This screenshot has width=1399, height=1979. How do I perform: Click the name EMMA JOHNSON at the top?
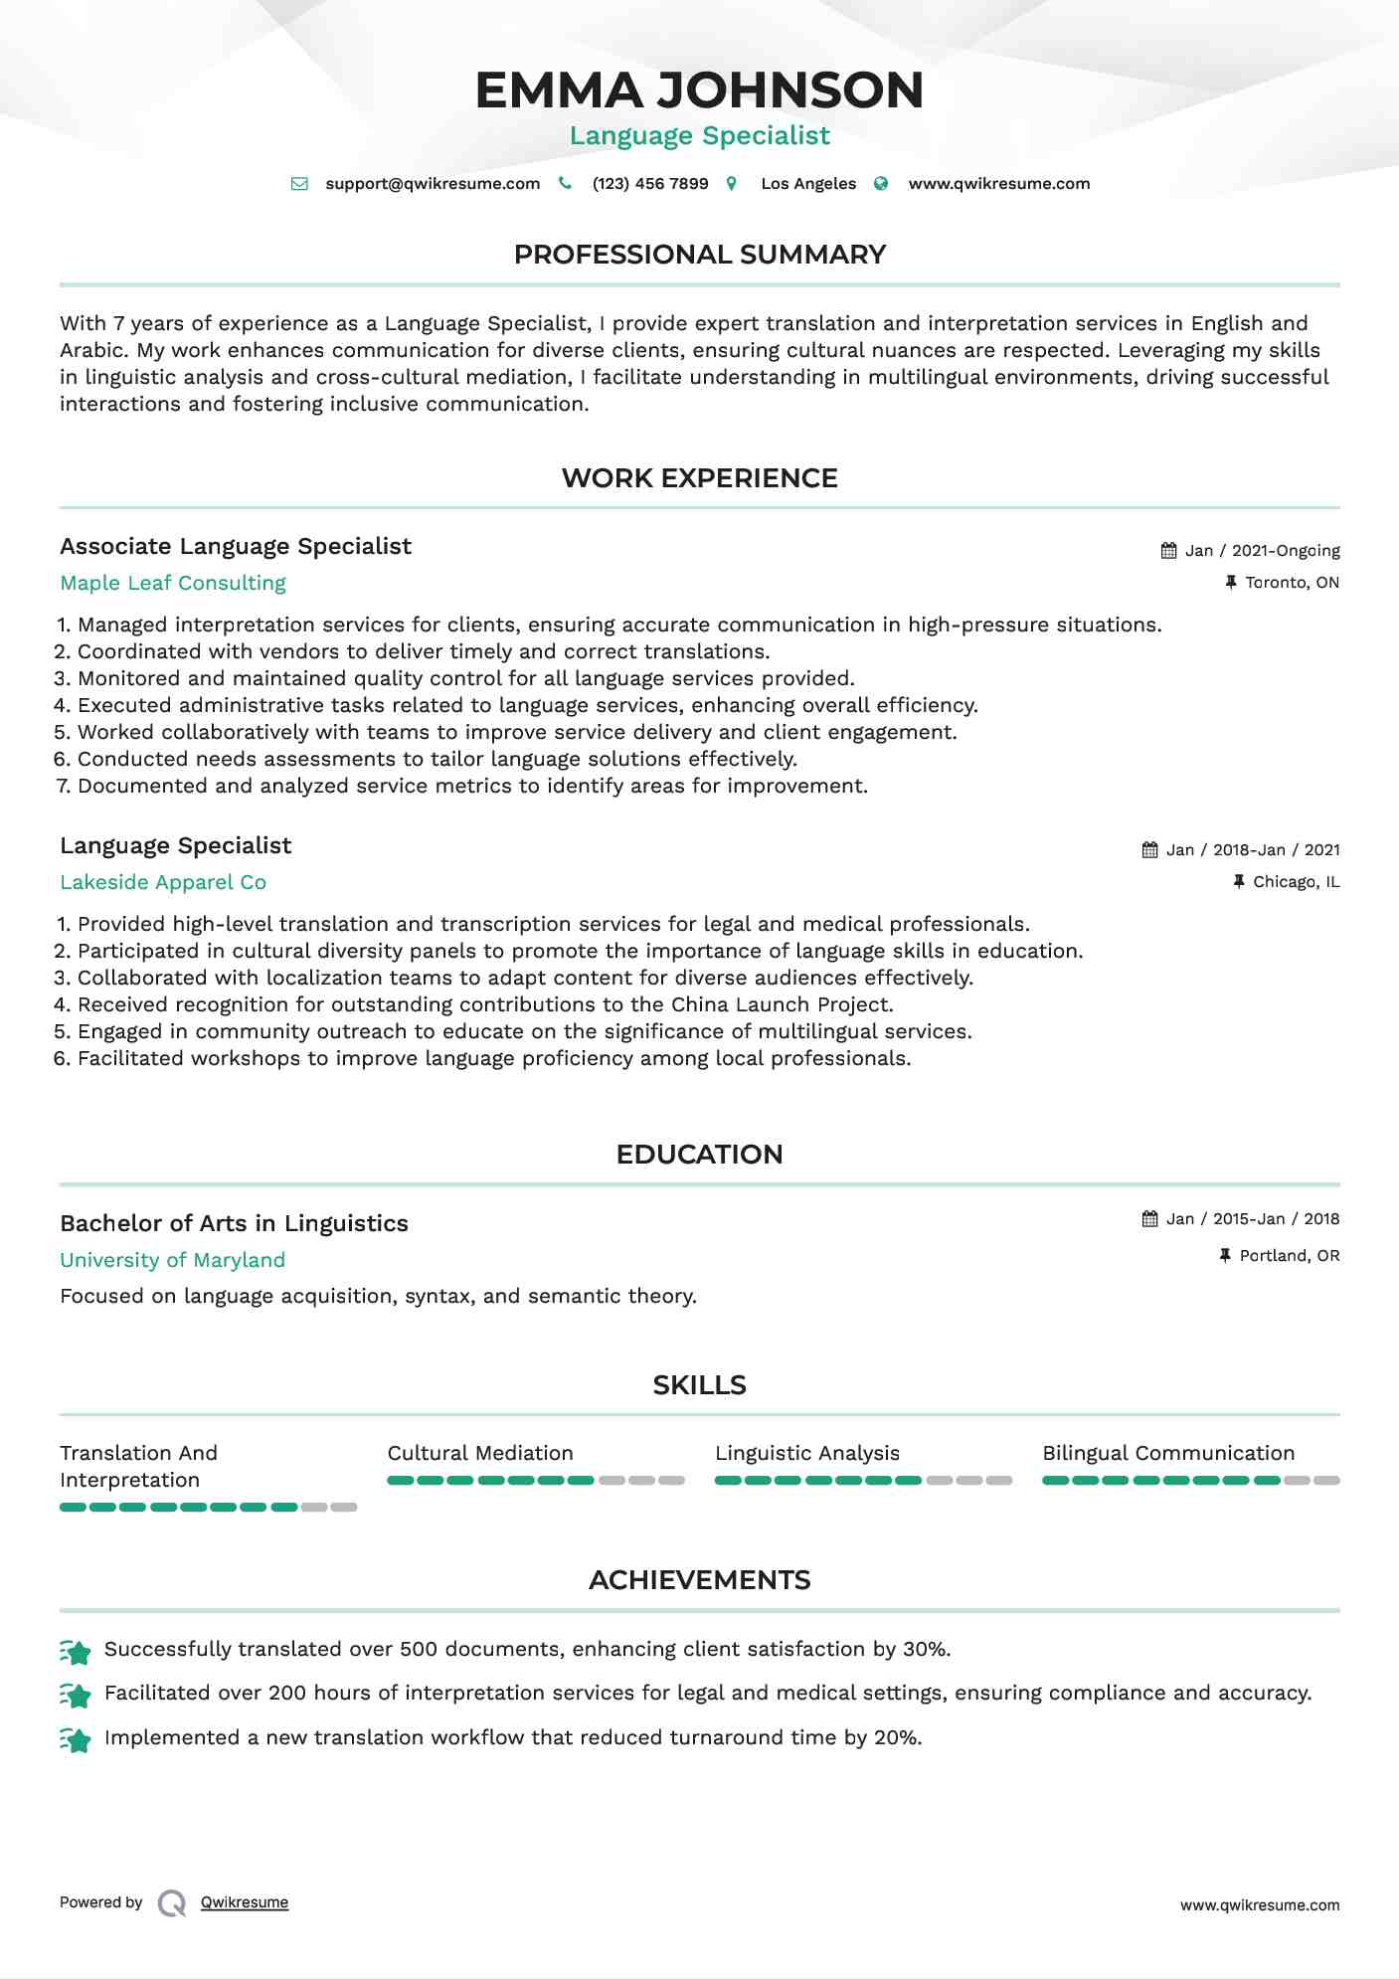(x=699, y=90)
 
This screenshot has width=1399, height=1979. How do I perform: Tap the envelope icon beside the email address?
(x=299, y=184)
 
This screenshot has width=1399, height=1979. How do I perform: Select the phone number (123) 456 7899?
(x=649, y=184)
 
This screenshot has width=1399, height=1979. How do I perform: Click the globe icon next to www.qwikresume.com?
(x=881, y=184)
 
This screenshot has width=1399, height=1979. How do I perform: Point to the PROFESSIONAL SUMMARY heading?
(x=699, y=255)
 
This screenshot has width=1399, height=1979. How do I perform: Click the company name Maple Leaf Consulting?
(x=173, y=584)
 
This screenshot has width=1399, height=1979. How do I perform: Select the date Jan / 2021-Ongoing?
(x=1262, y=551)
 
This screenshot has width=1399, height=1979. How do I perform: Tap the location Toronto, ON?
(x=1292, y=583)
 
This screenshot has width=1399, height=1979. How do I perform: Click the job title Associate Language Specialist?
(x=236, y=547)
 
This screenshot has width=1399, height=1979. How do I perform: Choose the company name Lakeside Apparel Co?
(x=163, y=883)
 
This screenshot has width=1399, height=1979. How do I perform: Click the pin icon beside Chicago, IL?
(x=1239, y=882)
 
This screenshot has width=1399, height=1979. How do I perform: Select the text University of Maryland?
(x=172, y=1261)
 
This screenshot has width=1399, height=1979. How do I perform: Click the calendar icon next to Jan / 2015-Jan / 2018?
(x=1150, y=1219)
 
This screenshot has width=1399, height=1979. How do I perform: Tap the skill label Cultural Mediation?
(x=480, y=1454)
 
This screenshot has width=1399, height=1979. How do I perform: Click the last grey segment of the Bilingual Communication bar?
(x=1326, y=1481)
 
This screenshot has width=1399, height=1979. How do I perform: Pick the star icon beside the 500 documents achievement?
(x=76, y=1652)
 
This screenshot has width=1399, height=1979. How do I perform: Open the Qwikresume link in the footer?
(x=245, y=1902)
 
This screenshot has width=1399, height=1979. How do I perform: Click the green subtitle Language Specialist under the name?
(x=699, y=136)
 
